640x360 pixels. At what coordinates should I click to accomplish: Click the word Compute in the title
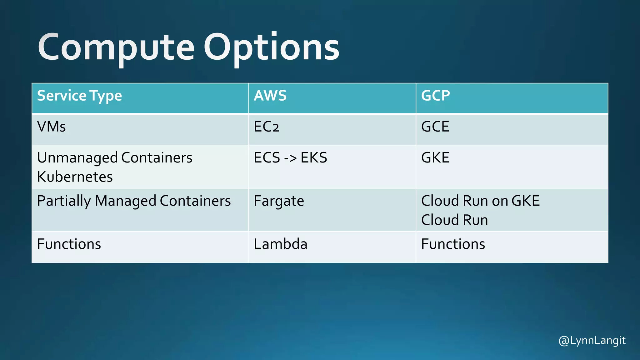[116, 47]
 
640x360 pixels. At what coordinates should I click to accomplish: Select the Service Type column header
[79, 96]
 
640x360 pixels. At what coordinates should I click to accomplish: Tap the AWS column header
[270, 96]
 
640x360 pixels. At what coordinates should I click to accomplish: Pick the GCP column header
[435, 96]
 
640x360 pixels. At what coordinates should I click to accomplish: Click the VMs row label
[52, 127]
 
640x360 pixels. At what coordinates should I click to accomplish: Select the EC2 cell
[266, 127]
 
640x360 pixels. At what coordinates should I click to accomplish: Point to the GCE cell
[435, 127]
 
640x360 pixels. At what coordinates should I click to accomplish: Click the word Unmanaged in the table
[77, 158]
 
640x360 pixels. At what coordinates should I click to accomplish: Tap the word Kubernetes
[75, 177]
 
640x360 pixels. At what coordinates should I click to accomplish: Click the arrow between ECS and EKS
[290, 158]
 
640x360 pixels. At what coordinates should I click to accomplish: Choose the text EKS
[314, 158]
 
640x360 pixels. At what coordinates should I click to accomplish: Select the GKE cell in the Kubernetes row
[435, 158]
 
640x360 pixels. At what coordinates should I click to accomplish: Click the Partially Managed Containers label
[134, 201]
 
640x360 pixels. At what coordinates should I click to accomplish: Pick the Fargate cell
[279, 201]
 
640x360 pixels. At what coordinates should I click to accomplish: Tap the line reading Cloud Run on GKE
[480, 201]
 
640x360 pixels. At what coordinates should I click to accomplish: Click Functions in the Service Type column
[69, 244]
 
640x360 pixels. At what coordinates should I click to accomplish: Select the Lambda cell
[280, 244]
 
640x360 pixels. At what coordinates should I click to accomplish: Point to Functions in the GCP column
[453, 244]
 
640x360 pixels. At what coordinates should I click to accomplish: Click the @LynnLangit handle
[592, 340]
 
